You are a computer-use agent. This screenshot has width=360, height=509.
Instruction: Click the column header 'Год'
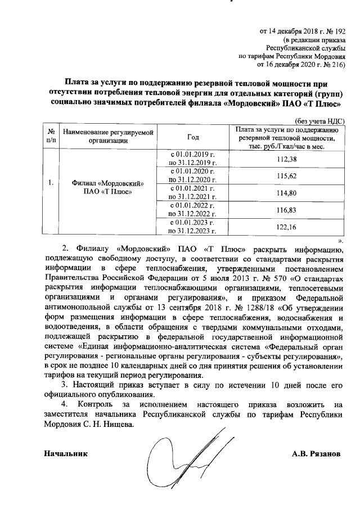pos(193,137)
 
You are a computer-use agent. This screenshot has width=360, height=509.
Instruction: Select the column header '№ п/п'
pos(51,137)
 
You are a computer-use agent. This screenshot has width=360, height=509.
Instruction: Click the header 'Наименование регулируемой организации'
pos(107,137)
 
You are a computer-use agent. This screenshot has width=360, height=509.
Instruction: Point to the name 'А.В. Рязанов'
pos(316,453)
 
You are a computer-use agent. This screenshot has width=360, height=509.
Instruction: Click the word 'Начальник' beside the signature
pos(66,453)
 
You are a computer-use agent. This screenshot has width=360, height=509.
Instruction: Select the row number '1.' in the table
pos(51,183)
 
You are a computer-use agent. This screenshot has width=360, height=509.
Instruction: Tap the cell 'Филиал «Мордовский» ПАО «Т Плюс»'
pos(107,188)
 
